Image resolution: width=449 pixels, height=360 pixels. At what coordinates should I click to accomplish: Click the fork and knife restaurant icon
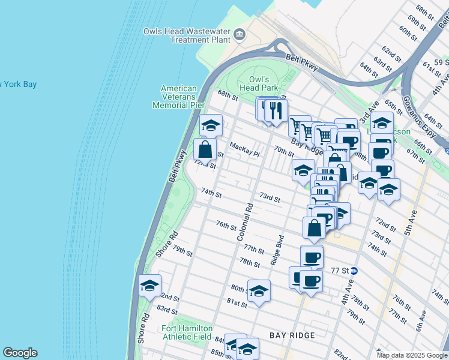click(x=276, y=110)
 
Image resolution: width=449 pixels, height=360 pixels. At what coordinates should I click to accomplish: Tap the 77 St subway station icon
click(x=354, y=271)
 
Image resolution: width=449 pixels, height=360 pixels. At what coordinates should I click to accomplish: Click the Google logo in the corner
click(x=20, y=353)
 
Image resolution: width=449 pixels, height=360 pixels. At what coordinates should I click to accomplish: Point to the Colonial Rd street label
click(x=246, y=221)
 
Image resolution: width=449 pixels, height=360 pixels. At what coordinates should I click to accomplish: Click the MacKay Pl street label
click(x=244, y=149)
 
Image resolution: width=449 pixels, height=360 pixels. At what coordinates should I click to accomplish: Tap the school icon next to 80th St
click(x=259, y=291)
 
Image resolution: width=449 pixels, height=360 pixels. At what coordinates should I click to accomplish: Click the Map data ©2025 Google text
click(x=411, y=355)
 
